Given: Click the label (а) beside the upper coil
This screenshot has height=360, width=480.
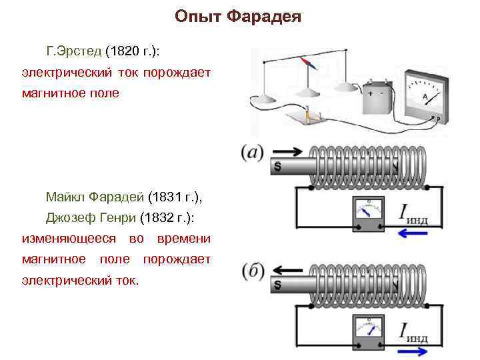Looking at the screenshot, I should point(254,153).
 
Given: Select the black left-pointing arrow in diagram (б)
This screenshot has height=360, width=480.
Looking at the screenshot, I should point(288,270).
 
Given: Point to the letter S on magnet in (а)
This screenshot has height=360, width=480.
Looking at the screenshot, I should point(277,166).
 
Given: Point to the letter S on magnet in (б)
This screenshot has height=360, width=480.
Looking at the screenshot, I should point(277,285).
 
